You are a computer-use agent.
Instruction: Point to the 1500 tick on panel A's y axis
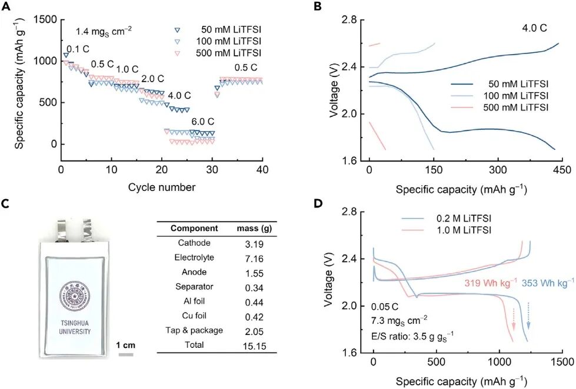[x=45, y=20]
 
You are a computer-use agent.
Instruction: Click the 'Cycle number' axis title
[x=161, y=187]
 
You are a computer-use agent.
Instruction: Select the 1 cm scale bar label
[x=126, y=345]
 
